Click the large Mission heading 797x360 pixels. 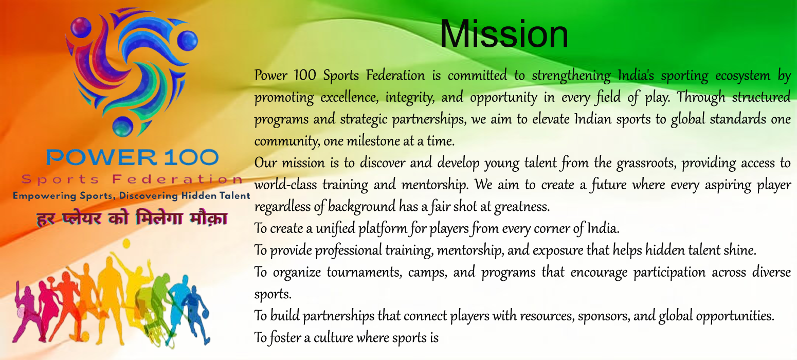pos(504,34)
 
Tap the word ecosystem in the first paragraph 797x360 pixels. pos(742,76)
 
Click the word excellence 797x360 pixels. pos(350,98)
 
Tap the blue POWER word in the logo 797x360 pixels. pos(101,157)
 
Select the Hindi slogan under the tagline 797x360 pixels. pos(132,218)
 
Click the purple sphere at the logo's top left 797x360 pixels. pos(81,27)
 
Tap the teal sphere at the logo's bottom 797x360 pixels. pos(123,127)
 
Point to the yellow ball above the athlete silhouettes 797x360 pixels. pos(126,244)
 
